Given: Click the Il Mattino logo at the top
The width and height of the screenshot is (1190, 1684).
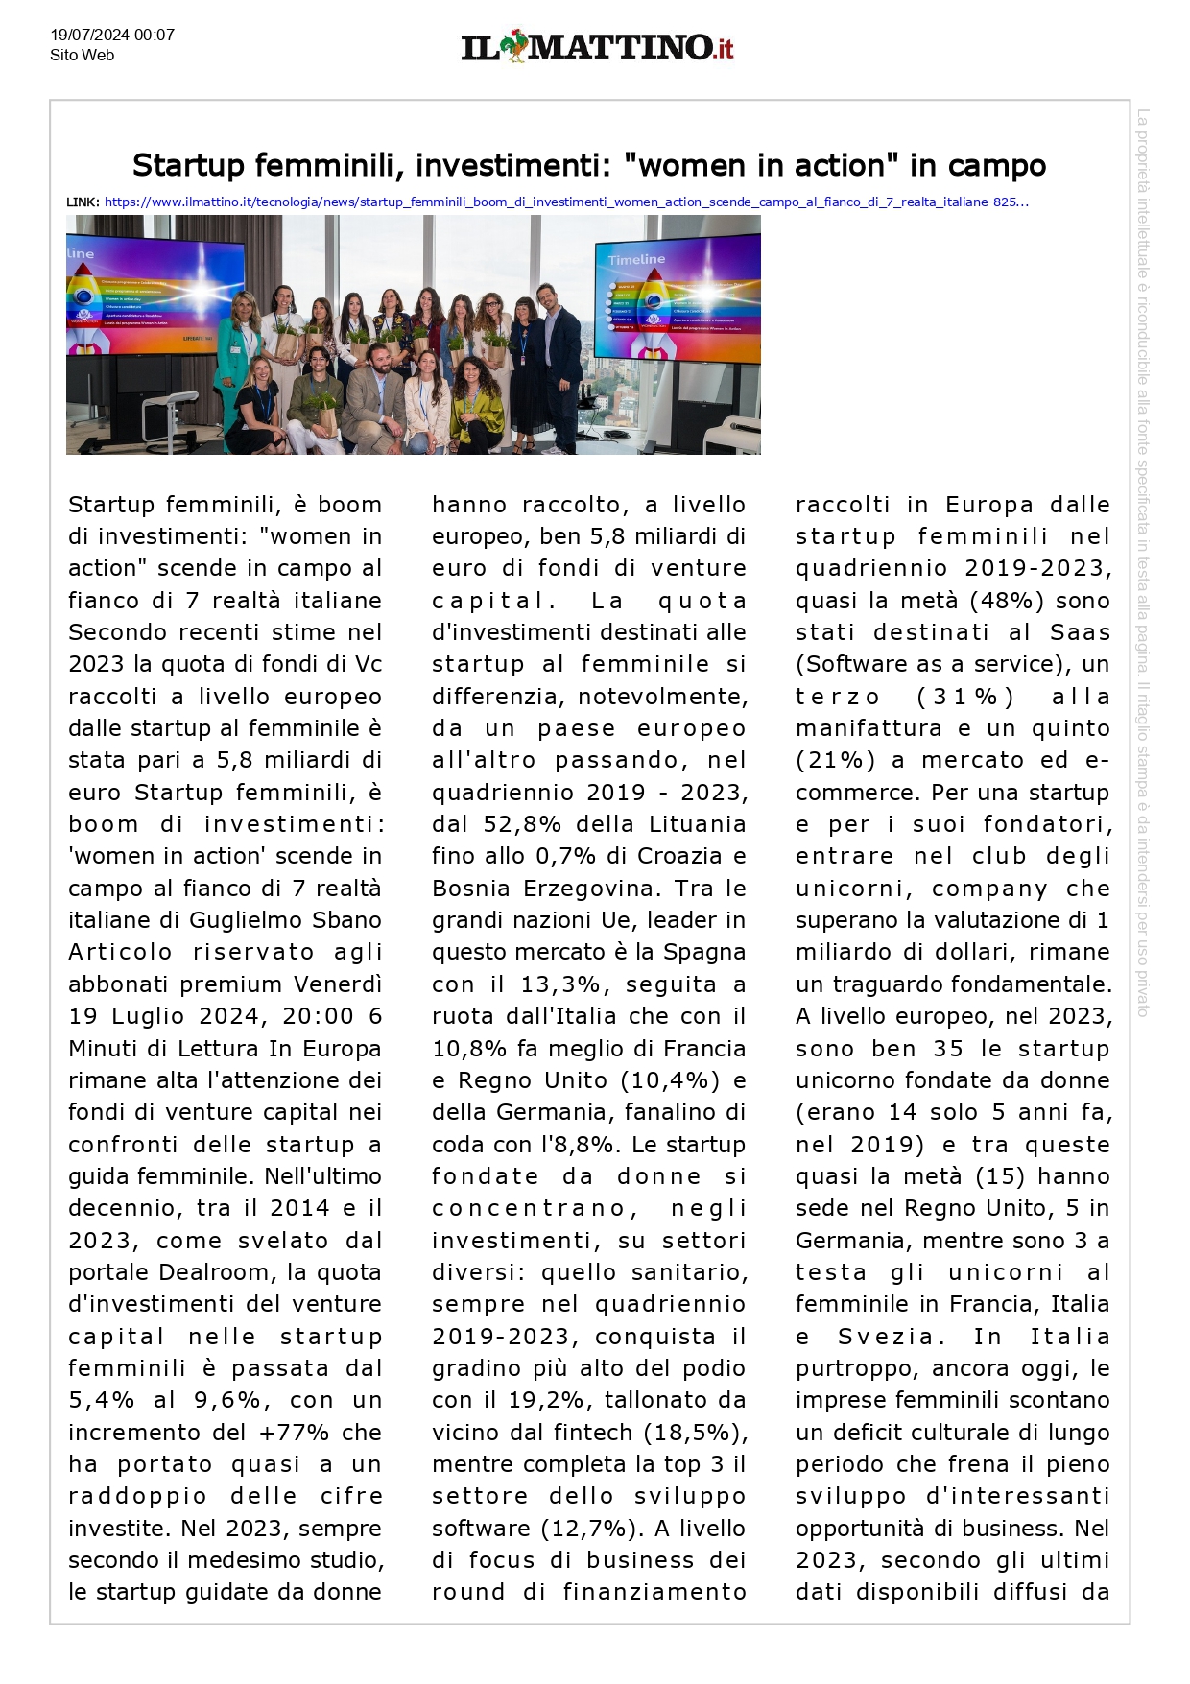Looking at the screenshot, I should tap(597, 46).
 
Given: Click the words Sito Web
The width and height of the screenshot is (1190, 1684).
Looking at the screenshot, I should tap(83, 56).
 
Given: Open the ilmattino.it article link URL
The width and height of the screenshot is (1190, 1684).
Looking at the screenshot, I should tap(566, 202).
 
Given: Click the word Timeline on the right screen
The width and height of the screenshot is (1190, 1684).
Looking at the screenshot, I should tap(636, 259).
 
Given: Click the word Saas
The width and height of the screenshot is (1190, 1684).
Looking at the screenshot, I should tap(1080, 632).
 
